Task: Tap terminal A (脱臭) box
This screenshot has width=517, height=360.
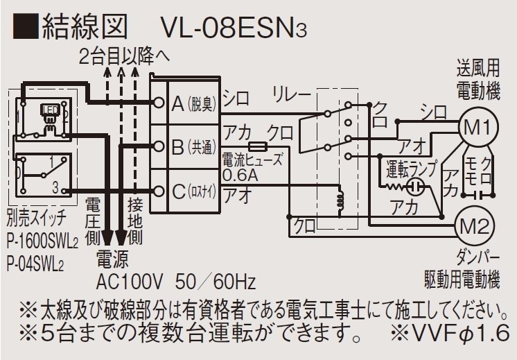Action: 193,103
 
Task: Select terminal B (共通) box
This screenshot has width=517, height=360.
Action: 193,147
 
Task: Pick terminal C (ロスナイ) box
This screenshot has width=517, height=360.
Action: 193,190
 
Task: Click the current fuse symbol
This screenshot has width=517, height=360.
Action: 258,146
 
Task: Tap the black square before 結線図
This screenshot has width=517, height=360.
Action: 25,27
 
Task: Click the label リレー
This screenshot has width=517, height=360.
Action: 292,95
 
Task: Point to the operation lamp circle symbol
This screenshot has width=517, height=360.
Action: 415,187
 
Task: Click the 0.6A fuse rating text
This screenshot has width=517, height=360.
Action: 240,175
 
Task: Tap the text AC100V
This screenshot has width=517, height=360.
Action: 130,282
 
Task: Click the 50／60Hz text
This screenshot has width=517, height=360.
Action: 216,282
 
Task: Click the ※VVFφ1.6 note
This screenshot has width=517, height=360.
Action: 450,333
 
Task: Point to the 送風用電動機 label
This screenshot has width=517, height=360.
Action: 478,80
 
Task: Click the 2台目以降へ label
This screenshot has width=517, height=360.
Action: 124,57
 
